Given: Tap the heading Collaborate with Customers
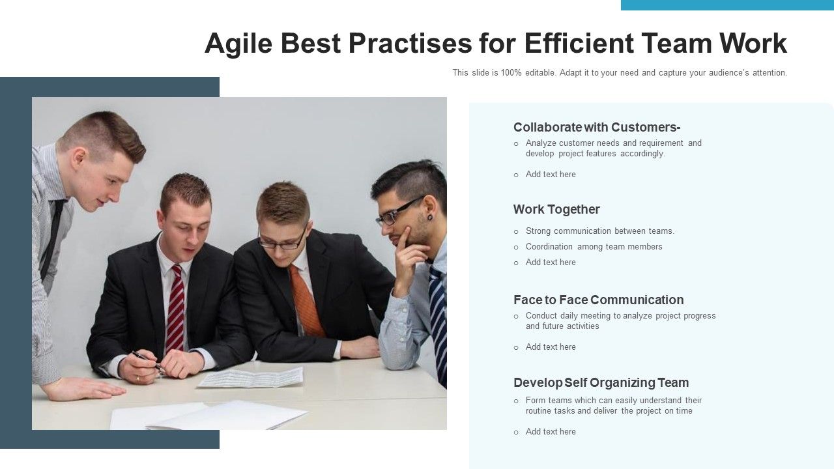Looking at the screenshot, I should click(x=596, y=127).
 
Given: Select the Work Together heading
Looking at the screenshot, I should click(x=556, y=209).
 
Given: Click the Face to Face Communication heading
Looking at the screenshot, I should click(x=598, y=300).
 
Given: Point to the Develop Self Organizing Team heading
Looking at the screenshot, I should click(x=601, y=382).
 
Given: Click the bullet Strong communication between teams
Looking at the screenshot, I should click(x=599, y=231).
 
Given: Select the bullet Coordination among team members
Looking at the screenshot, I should click(x=594, y=247).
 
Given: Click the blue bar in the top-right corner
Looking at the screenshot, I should click(x=727, y=5).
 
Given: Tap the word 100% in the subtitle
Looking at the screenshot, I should click(x=511, y=73).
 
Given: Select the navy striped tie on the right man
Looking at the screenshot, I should click(x=439, y=319).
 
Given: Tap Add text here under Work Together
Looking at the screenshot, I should click(x=551, y=263).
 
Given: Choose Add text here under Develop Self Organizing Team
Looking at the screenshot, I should click(x=551, y=432).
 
